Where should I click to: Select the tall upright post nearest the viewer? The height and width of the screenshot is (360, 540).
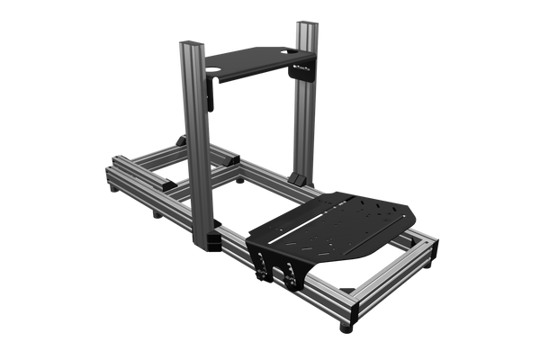(x=196, y=144)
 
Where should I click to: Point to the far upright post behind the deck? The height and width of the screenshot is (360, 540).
(x=302, y=99)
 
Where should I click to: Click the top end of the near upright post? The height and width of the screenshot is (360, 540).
(x=192, y=42)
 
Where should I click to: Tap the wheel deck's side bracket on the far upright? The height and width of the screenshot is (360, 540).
(x=301, y=76)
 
